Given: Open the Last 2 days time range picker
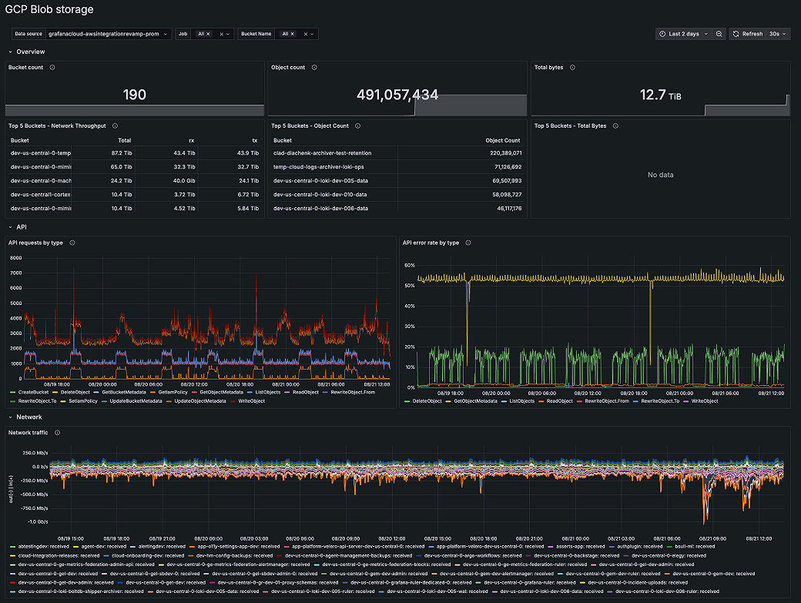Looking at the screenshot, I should (x=684, y=34).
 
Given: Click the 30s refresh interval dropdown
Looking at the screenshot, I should (x=779, y=34).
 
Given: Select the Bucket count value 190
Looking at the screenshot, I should (x=135, y=95).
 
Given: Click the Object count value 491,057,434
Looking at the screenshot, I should (x=397, y=95).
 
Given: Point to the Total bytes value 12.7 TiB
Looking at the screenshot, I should (x=660, y=95).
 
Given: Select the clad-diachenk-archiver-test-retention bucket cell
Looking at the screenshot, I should (x=322, y=153).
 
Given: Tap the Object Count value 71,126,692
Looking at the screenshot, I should (x=504, y=167).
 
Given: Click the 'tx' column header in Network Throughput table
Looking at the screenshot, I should (x=255, y=140).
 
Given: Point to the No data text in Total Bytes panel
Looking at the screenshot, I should (x=660, y=175).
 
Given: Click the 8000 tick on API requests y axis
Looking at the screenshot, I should (x=15, y=258).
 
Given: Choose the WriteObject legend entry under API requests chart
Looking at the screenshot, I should (x=251, y=400).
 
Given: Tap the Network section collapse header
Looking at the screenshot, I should (x=29, y=417).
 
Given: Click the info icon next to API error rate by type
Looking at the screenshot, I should (x=468, y=243).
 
